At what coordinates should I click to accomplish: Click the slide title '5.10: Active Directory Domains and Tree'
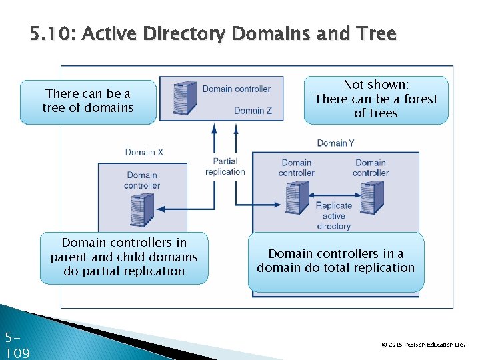[x=213, y=33]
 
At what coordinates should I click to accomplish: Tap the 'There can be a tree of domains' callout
[x=88, y=101]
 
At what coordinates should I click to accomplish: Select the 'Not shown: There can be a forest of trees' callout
[x=376, y=99]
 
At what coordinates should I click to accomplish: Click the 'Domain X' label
[x=144, y=152]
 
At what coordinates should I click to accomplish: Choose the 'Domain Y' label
[x=335, y=143]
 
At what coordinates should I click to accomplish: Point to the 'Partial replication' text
[x=225, y=167]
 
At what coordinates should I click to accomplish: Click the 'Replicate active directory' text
[x=334, y=216]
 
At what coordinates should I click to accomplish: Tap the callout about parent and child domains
[x=124, y=257]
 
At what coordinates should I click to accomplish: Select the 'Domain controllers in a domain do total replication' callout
[x=336, y=261]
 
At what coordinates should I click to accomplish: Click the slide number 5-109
[x=17, y=345]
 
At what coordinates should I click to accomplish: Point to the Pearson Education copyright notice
[x=423, y=345]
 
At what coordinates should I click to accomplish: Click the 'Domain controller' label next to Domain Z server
[x=236, y=89]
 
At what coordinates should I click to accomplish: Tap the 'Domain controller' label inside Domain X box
[x=142, y=180]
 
